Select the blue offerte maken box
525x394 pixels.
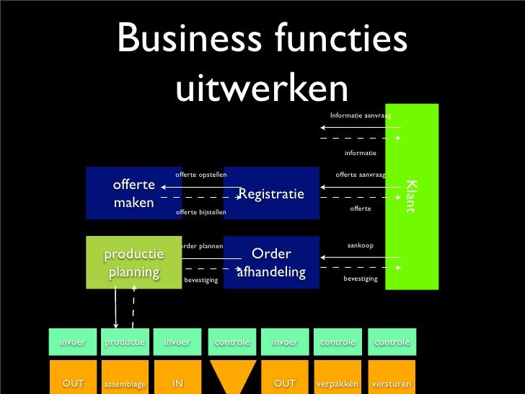pyautogui.click(x=133, y=193)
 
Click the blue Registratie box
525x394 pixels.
pyautogui.click(x=271, y=193)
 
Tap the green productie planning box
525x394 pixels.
pyautogui.click(x=133, y=263)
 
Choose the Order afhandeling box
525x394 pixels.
pyautogui.click(x=271, y=263)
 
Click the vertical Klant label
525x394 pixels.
pyautogui.click(x=410, y=196)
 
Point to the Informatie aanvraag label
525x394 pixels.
pyautogui.click(x=360, y=115)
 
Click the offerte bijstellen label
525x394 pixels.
pyautogui.click(x=201, y=212)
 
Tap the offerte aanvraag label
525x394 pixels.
pyautogui.click(x=361, y=175)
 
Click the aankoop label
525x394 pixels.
pyautogui.click(x=360, y=245)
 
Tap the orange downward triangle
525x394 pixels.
pyautogui.click(x=232, y=376)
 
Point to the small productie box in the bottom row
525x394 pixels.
pyautogui.click(x=124, y=341)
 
